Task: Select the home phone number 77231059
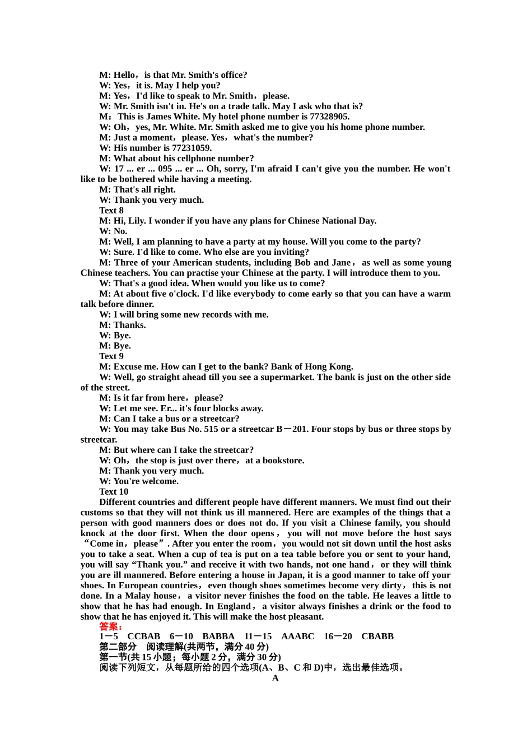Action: click(x=192, y=148)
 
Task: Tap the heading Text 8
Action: click(x=111, y=211)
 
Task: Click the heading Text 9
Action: click(x=111, y=356)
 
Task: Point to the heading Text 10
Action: click(x=114, y=492)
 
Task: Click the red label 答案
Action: click(x=110, y=626)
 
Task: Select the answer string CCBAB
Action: click(x=144, y=636)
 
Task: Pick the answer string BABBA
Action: click(x=218, y=636)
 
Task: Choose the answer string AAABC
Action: click(x=297, y=636)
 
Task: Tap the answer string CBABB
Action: click(x=377, y=636)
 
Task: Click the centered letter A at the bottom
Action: click(x=275, y=678)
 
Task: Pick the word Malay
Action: click(x=138, y=596)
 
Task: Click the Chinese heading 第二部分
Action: click(x=118, y=647)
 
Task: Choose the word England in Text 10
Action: click(x=233, y=606)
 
